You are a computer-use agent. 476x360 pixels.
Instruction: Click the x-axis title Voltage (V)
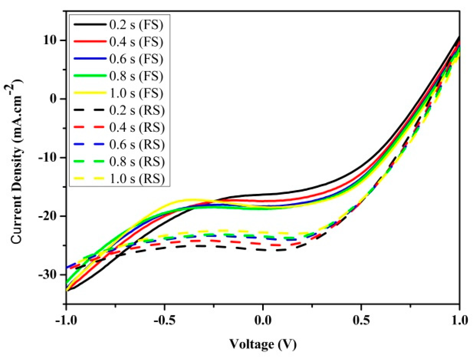click(x=263, y=344)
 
